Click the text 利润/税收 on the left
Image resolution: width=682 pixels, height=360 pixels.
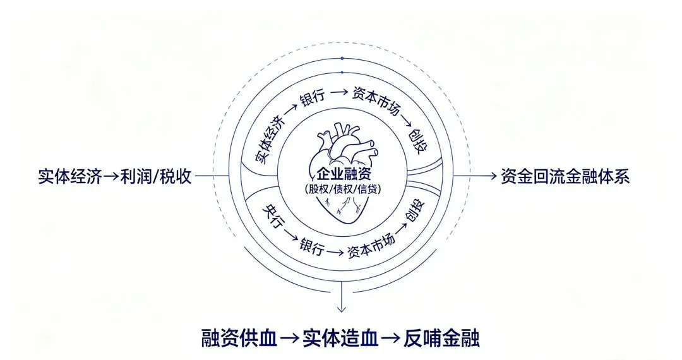point(160,176)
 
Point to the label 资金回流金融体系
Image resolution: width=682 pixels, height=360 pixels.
point(565,176)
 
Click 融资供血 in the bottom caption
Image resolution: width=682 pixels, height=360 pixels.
point(239,337)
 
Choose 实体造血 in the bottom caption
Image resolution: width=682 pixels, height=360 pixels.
point(340,337)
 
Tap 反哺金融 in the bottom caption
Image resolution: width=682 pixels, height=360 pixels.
point(441,337)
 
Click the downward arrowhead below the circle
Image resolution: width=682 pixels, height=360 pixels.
point(342,308)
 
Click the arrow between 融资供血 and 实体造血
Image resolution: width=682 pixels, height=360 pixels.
point(290,338)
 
